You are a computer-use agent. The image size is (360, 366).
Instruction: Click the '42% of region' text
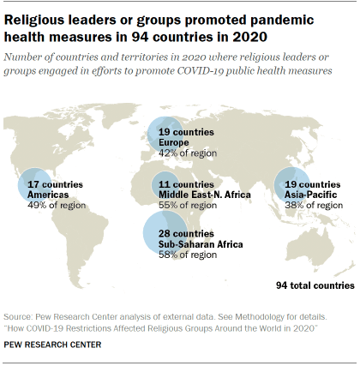click(x=187, y=153)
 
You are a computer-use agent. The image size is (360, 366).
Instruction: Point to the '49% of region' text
click(x=57, y=206)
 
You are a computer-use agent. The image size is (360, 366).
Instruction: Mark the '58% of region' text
click(x=187, y=255)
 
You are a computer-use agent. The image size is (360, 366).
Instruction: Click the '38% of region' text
click(x=312, y=206)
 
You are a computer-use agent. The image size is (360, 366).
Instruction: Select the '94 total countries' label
click(x=315, y=285)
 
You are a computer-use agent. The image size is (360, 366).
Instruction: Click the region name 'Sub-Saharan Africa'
click(x=201, y=244)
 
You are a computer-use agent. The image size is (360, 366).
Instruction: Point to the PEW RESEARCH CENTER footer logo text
click(x=52, y=345)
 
